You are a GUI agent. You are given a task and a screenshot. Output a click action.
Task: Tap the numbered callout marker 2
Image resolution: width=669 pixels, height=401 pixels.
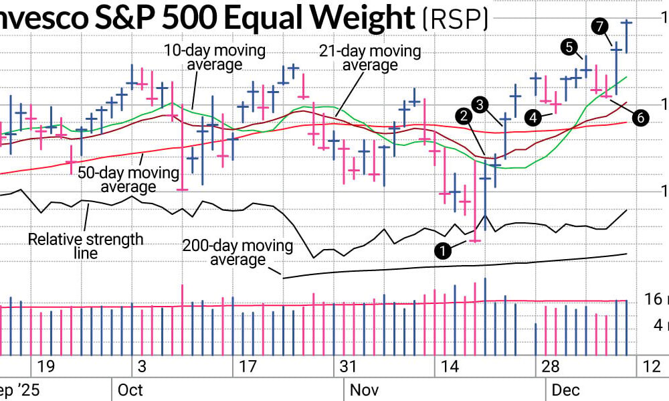(x=462, y=116)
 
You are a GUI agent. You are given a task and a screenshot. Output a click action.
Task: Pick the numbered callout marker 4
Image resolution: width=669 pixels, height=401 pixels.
(x=533, y=117)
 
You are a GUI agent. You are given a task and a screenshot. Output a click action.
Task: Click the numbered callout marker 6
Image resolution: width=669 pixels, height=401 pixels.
(x=640, y=117)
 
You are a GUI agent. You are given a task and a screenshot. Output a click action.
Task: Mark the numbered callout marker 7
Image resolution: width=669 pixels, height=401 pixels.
(x=599, y=27)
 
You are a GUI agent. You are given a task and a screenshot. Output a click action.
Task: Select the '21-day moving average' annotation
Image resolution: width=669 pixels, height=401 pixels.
(x=370, y=58)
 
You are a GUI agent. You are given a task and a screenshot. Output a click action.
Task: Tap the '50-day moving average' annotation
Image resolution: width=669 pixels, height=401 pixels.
(x=128, y=179)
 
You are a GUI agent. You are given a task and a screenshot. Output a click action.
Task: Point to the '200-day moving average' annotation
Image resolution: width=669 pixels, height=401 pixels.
(x=237, y=252)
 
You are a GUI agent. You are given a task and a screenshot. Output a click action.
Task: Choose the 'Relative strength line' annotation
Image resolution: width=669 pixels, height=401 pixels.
(x=86, y=246)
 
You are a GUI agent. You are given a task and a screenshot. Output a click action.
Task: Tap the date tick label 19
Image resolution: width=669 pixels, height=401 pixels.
(x=45, y=367)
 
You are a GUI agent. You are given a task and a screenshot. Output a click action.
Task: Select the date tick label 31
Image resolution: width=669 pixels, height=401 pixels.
(x=348, y=367)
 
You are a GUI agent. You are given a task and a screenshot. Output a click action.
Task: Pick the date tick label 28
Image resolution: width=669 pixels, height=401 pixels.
(x=550, y=367)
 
